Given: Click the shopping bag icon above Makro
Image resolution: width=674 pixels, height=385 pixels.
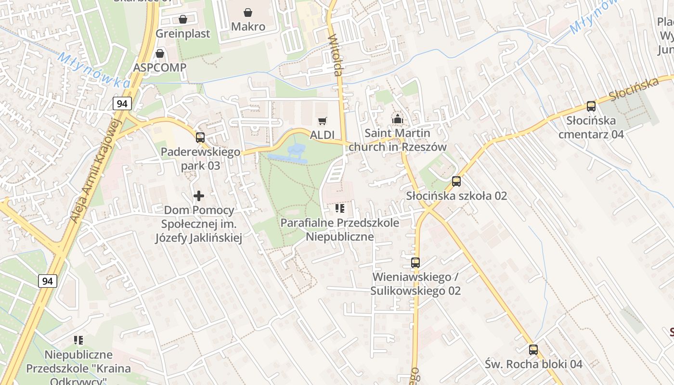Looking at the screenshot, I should coord(248,12).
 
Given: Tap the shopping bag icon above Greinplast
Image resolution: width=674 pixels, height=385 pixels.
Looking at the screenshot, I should coord(183,19).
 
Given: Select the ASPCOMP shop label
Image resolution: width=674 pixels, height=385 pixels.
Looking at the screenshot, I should coord(160,67).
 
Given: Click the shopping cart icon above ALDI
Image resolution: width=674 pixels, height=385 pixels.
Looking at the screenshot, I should coord(322,121).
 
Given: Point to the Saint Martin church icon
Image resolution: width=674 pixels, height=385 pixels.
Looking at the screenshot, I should coord(397,118).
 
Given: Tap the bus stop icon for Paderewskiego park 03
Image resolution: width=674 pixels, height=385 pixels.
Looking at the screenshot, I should coord(200,138).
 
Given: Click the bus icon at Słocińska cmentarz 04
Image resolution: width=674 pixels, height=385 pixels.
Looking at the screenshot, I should coord(591,106).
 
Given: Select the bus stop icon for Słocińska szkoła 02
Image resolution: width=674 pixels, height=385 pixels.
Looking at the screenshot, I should coord(456,181).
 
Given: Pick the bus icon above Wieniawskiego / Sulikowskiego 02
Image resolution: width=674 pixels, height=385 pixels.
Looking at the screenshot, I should coord(415,263).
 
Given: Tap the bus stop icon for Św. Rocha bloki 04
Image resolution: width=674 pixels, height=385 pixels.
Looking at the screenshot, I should coord(533,350).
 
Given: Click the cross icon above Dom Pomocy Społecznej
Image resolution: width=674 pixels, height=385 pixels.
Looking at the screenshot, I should coord(198,196).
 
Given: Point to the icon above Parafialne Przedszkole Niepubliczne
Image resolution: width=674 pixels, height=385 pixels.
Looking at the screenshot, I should coord(340,208).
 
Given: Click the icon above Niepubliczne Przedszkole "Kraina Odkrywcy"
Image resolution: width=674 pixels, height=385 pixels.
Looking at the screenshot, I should coord(78,341).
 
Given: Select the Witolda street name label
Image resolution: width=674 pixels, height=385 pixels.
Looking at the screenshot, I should coord(336,55).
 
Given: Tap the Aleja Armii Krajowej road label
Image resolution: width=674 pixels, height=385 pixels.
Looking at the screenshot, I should coord(95,171).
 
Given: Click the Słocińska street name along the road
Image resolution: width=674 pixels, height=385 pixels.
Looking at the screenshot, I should coord(634,89).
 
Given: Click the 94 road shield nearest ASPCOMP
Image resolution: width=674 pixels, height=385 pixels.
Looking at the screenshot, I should coord(122,103).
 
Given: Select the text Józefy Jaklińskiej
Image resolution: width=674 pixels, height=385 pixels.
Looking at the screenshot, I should coord(198,238).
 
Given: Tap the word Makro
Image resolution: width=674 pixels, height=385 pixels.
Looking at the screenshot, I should coord(248,26).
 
